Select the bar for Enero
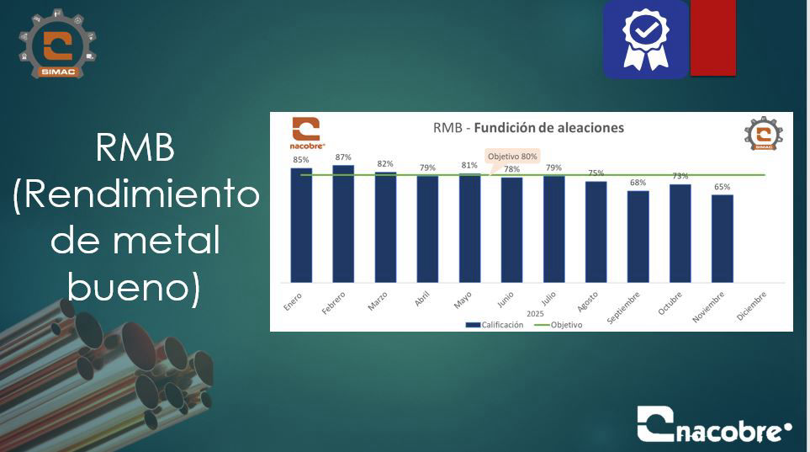[x=301, y=225]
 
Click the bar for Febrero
[x=343, y=224]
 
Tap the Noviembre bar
[x=723, y=238]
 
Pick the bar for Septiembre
[x=638, y=237]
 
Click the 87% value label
[x=343, y=157]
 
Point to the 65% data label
[x=723, y=187]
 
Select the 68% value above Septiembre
[x=638, y=183]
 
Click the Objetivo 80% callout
[x=512, y=157]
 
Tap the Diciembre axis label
[x=751, y=306]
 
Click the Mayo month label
[x=463, y=300]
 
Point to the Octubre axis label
[x=670, y=304]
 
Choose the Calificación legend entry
[x=495, y=325]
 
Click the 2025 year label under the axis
[x=535, y=314]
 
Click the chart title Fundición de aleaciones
[x=548, y=128]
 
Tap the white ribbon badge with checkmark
[x=645, y=40]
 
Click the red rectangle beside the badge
[x=713, y=38]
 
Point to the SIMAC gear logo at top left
[x=57, y=44]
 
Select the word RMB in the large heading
[x=135, y=148]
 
